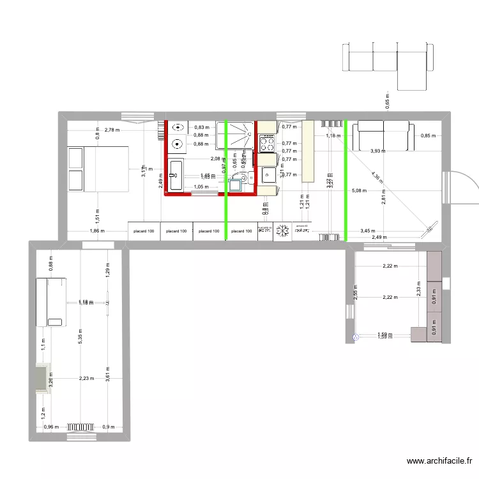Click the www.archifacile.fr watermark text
[440, 461]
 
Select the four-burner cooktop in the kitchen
[267, 145]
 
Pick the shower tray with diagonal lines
[235, 134]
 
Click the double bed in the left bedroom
[98, 169]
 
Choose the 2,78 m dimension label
[113, 130]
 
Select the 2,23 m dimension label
[86, 378]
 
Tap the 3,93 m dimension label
[379, 151]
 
